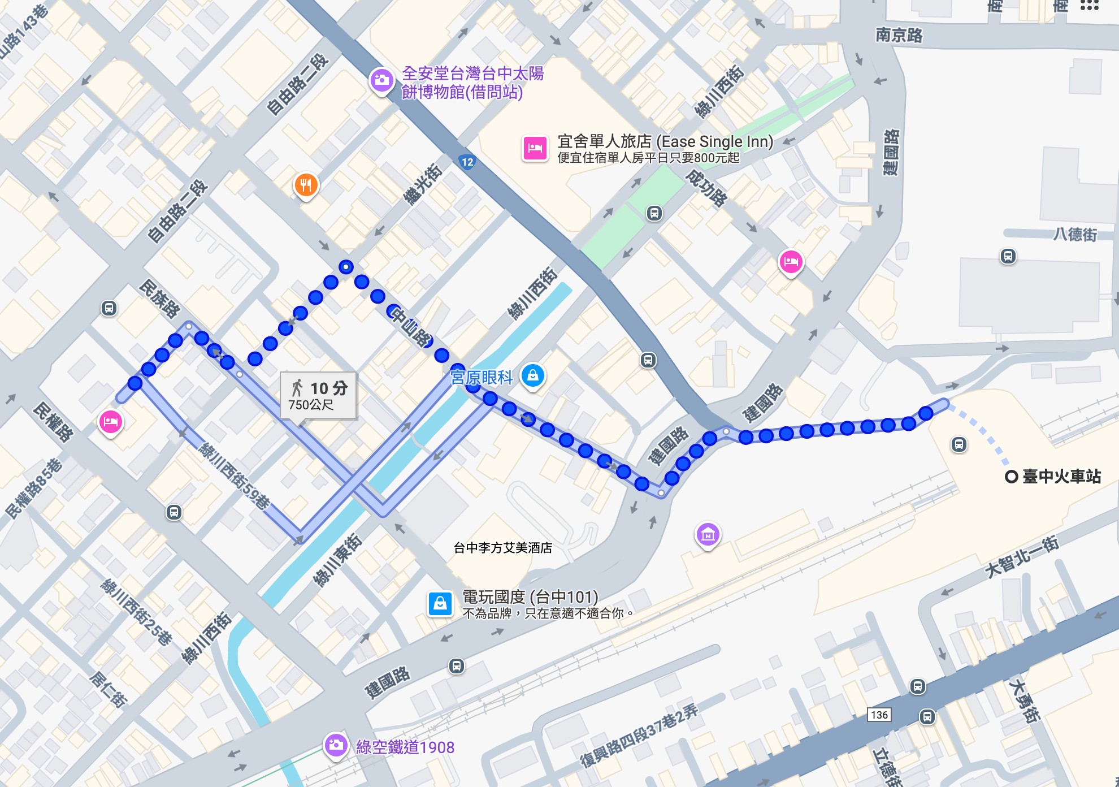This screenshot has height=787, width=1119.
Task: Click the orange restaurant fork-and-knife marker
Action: (x=306, y=185)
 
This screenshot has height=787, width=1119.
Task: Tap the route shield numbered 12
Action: (x=467, y=162)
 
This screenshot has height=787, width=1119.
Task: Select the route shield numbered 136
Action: (x=879, y=715)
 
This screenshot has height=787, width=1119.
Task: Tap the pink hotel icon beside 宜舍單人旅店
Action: (x=535, y=149)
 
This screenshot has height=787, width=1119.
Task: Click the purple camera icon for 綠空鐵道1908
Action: (x=336, y=745)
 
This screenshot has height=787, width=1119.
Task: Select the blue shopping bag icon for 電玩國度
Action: (x=440, y=604)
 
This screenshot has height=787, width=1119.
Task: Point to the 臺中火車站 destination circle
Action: (x=1011, y=477)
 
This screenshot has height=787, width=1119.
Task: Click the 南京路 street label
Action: (x=899, y=35)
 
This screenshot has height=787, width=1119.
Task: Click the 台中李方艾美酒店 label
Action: (x=502, y=547)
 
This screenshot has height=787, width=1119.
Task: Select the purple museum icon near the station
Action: (x=708, y=534)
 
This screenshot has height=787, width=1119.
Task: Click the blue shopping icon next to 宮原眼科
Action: (x=532, y=375)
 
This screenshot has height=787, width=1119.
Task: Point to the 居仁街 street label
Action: (x=107, y=689)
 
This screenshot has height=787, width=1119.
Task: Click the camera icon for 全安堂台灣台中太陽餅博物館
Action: (x=381, y=80)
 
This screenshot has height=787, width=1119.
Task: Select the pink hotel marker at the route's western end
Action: (x=111, y=422)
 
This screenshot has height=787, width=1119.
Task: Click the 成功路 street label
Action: (x=706, y=188)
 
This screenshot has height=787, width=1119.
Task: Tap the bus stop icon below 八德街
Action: (x=1008, y=256)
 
